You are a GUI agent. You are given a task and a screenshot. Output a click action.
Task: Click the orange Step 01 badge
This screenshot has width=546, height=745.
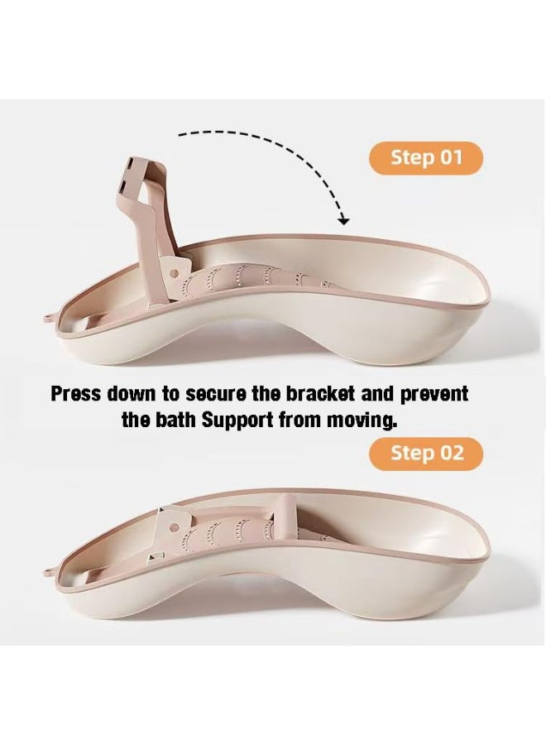click(x=425, y=158)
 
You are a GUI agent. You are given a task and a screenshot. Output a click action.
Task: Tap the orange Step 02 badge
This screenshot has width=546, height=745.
click(x=425, y=454)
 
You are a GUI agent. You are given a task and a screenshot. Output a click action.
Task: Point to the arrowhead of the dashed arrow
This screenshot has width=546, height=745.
click(x=344, y=220)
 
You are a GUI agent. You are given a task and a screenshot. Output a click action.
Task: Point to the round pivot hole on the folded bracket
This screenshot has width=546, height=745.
click(x=175, y=527)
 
